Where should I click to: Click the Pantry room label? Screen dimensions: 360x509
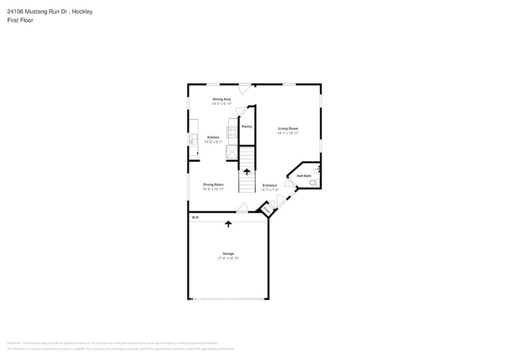(x=247, y=126)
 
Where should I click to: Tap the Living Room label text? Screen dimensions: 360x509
(x=288, y=129)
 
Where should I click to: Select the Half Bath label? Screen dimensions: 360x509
(x=304, y=176)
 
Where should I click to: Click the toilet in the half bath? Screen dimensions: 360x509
(x=314, y=182)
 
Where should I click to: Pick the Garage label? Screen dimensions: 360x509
(x=228, y=253)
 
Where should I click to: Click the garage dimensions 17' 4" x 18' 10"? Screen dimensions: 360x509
(x=228, y=258)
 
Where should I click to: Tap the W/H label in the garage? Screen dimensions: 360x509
(x=195, y=217)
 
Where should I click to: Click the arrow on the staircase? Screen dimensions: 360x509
(x=247, y=172)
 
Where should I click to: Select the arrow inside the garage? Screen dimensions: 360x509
(x=228, y=224)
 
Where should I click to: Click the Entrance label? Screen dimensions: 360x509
(x=270, y=185)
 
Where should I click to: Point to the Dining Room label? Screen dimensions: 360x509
(x=213, y=184)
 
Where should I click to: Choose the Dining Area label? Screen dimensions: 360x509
(x=222, y=99)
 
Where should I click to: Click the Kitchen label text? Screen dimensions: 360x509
(x=213, y=137)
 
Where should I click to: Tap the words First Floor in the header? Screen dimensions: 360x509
(x=21, y=20)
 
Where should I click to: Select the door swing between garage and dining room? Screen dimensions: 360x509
(x=242, y=208)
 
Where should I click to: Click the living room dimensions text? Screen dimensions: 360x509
(x=288, y=133)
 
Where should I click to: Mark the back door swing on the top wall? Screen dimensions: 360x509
(x=245, y=88)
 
